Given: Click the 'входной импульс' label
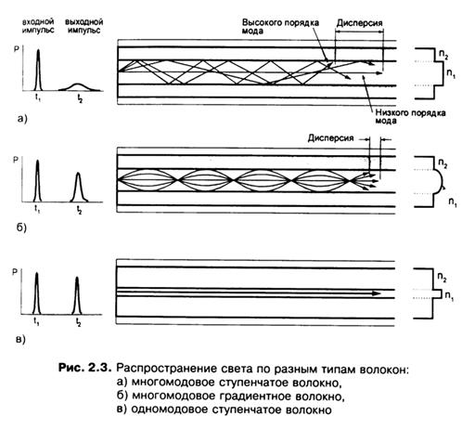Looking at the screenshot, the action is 38,26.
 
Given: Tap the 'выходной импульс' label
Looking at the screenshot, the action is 83,26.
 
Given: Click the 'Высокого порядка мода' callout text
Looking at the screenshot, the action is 280,27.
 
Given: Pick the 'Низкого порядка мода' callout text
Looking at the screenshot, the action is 410,117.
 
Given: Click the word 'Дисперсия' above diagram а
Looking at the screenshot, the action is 359,23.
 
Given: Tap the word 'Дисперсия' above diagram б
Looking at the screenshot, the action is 330,137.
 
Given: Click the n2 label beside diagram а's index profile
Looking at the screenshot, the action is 443,55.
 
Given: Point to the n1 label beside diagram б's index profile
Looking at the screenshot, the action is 453,202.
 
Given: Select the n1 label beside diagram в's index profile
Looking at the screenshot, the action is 450,296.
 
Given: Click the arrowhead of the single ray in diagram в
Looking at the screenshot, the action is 377,293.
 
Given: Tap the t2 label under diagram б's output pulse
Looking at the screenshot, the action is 80,211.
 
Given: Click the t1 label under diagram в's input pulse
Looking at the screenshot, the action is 36,322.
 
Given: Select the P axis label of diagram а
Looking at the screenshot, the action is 17,49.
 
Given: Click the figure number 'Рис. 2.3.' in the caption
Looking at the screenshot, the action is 84,369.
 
